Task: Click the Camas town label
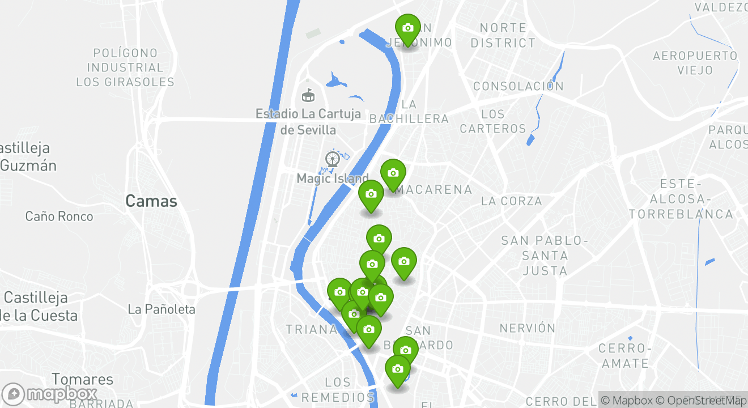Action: [151, 201]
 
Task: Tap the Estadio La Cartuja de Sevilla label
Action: [308, 122]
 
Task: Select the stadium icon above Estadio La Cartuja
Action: [308, 95]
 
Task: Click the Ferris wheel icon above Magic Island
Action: [333, 159]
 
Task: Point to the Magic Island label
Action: [333, 178]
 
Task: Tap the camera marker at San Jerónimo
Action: [407, 28]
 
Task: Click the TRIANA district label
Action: [311, 329]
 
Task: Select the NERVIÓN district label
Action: [528, 328]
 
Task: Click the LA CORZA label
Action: [511, 201]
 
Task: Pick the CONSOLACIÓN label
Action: [518, 86]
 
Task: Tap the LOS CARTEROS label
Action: [493, 121]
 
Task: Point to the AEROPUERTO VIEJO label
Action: [695, 63]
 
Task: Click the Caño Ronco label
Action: [59, 216]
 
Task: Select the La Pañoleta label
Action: [161, 309]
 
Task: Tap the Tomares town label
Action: [83, 379]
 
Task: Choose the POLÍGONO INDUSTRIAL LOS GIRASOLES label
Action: [125, 67]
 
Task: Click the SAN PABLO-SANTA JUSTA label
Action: [545, 256]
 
